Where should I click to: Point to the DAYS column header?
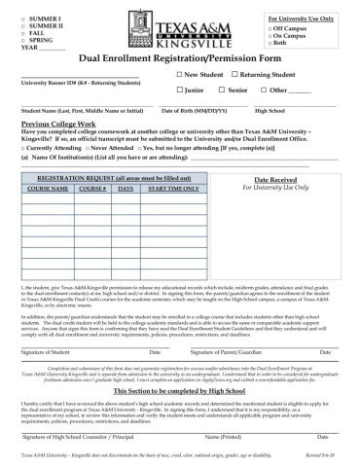126,190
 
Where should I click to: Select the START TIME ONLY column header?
174,190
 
